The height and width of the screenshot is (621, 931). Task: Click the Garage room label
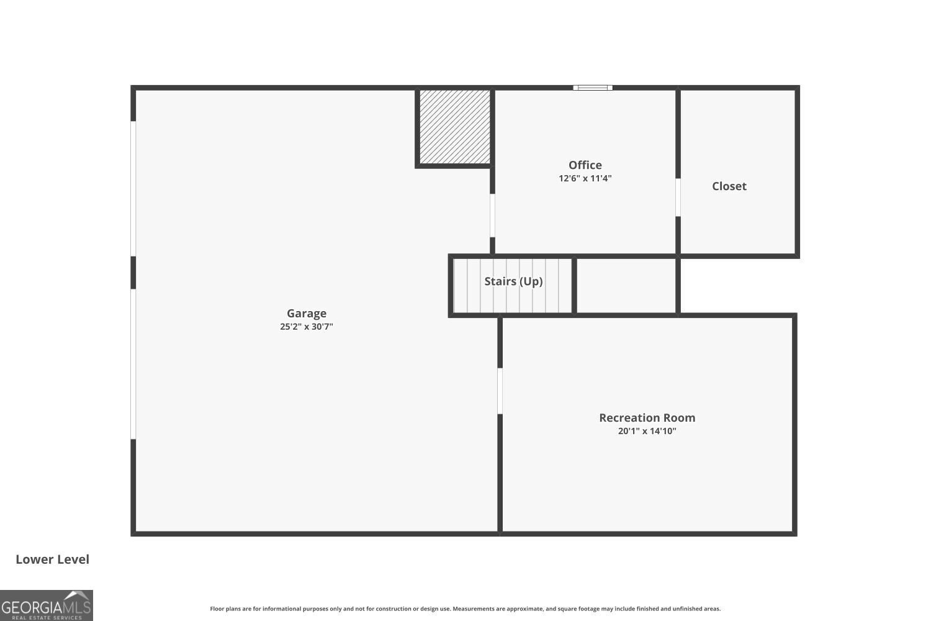[x=307, y=314]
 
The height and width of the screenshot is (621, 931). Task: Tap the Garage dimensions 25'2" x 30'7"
[x=307, y=327]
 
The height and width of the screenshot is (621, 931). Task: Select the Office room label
[x=585, y=165]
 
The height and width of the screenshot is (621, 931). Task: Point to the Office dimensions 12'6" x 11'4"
[x=585, y=178]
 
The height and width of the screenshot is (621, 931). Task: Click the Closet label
[x=729, y=186]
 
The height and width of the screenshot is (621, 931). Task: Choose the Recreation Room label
[x=647, y=418]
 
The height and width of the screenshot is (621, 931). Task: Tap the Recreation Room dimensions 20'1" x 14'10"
[x=647, y=431]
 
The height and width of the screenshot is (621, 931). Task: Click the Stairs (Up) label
[x=513, y=281]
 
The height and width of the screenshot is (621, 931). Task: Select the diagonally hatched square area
[x=455, y=127]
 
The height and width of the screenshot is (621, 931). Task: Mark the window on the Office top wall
[x=593, y=88]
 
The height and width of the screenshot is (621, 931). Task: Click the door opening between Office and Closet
[x=678, y=197]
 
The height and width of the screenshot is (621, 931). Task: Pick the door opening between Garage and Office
[x=492, y=215]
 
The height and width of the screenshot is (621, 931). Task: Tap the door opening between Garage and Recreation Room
[x=500, y=391]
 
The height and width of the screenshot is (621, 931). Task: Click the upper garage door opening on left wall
[x=133, y=188]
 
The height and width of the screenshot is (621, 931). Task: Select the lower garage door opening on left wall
[x=133, y=364]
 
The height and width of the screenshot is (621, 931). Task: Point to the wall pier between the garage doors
[x=133, y=273]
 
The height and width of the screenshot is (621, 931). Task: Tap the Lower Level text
[x=52, y=560]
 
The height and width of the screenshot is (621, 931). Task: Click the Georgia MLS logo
[x=47, y=605]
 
